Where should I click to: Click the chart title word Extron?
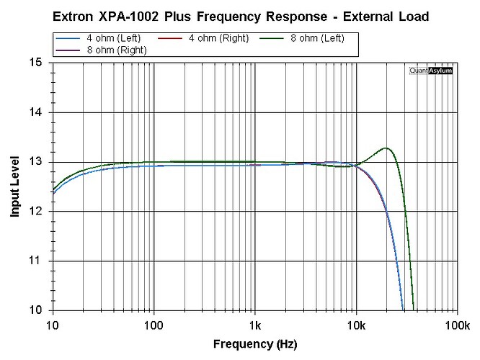pos(74,16)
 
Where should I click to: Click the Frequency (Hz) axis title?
pos(254,344)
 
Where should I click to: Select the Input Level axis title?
pos(14,187)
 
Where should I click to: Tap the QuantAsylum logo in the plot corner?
pos(431,71)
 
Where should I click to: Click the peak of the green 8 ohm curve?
pos(386,148)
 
